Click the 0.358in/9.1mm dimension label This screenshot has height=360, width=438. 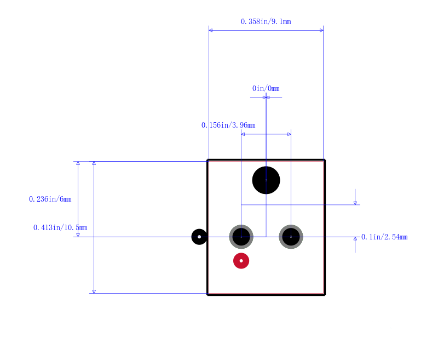pyautogui.click(x=266, y=22)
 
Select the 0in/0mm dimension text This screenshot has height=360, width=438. pyautogui.click(x=266, y=89)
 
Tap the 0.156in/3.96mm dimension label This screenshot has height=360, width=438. pyautogui.click(x=228, y=125)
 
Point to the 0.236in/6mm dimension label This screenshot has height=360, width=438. pyautogui.click(x=50, y=199)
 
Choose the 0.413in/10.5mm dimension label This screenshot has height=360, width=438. pyautogui.click(x=60, y=228)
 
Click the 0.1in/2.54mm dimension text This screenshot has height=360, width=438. pyautogui.click(x=384, y=237)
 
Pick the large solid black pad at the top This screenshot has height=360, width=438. pyautogui.click(x=266, y=180)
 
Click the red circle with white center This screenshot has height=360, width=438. pyautogui.click(x=241, y=261)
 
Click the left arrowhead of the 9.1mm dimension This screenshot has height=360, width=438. pyautogui.click(x=211, y=30)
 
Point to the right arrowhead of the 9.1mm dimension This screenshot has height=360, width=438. pyautogui.click(x=321, y=30)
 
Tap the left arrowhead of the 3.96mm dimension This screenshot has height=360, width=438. pyautogui.click(x=243, y=134)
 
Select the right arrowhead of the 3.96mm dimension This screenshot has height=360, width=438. pyautogui.click(x=289, y=134)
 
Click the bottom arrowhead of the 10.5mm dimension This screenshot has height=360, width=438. pyautogui.click(x=94, y=292)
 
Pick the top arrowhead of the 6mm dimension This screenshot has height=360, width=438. pyautogui.click(x=78, y=163)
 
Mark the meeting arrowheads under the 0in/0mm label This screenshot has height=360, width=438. pyautogui.click(x=266, y=98)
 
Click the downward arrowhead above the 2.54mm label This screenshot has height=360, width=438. pyautogui.click(x=355, y=203)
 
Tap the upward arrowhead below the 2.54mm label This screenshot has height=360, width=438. pyautogui.click(x=355, y=239)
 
